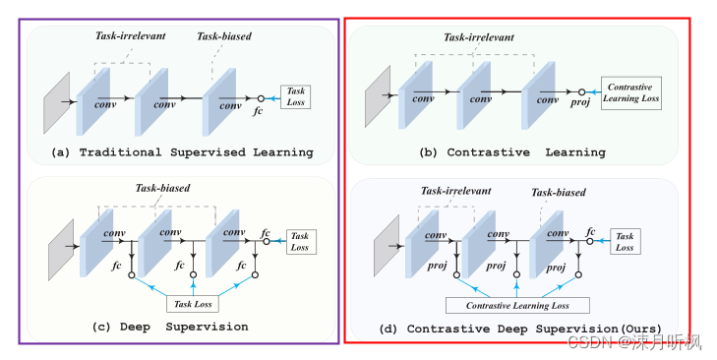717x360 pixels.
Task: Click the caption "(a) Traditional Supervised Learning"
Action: point(182,152)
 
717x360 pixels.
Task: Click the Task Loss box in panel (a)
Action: point(295,96)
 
